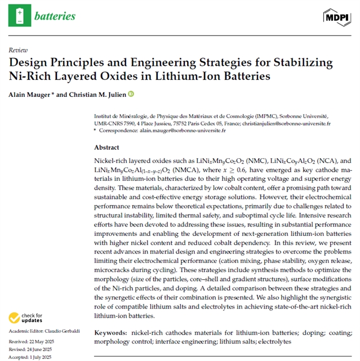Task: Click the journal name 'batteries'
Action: tap(55, 16)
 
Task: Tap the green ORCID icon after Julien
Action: tap(131, 94)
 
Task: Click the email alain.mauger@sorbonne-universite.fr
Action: tap(185, 131)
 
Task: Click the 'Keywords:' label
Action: tap(110, 333)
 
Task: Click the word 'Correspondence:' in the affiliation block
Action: tap(119, 131)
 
